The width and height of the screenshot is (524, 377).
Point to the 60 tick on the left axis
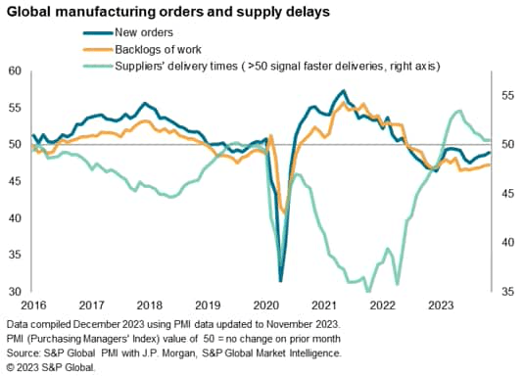[x=14, y=71]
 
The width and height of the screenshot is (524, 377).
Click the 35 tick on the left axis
[x=14, y=255]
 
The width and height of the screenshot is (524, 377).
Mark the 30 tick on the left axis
[x=14, y=292]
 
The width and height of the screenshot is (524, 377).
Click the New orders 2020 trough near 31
[x=280, y=281]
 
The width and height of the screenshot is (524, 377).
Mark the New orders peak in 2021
[x=342, y=91]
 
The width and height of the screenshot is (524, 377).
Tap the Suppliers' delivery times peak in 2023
[x=460, y=111]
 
